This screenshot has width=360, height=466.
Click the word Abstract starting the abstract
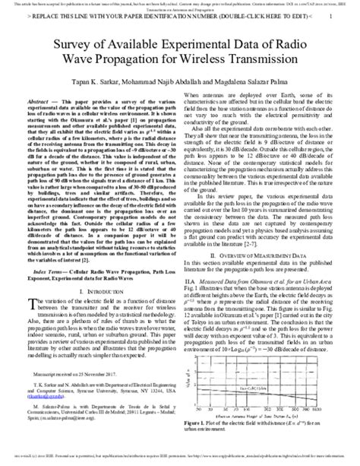(42, 100)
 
